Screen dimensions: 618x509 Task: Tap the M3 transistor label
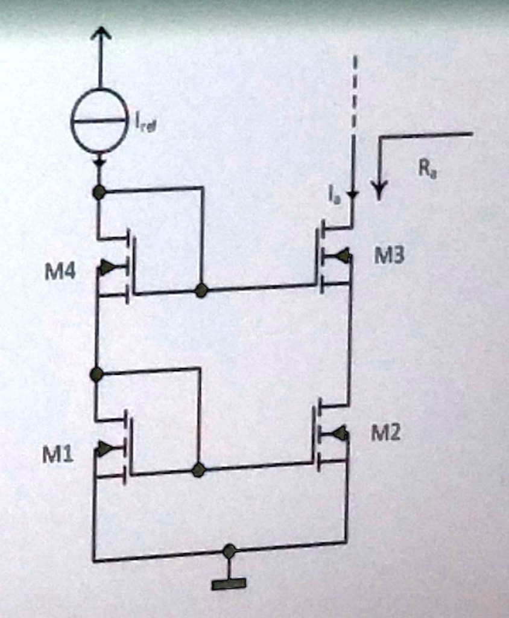(390, 257)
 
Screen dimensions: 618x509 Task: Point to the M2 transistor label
(386, 432)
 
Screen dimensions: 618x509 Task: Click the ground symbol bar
(229, 583)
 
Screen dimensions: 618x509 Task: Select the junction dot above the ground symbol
(229, 550)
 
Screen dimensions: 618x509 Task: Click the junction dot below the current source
(99, 193)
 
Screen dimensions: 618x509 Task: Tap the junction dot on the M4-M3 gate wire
(201, 291)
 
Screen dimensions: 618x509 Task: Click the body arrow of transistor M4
(107, 267)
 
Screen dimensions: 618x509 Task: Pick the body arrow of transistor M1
(105, 448)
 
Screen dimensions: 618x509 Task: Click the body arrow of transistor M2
(340, 433)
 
